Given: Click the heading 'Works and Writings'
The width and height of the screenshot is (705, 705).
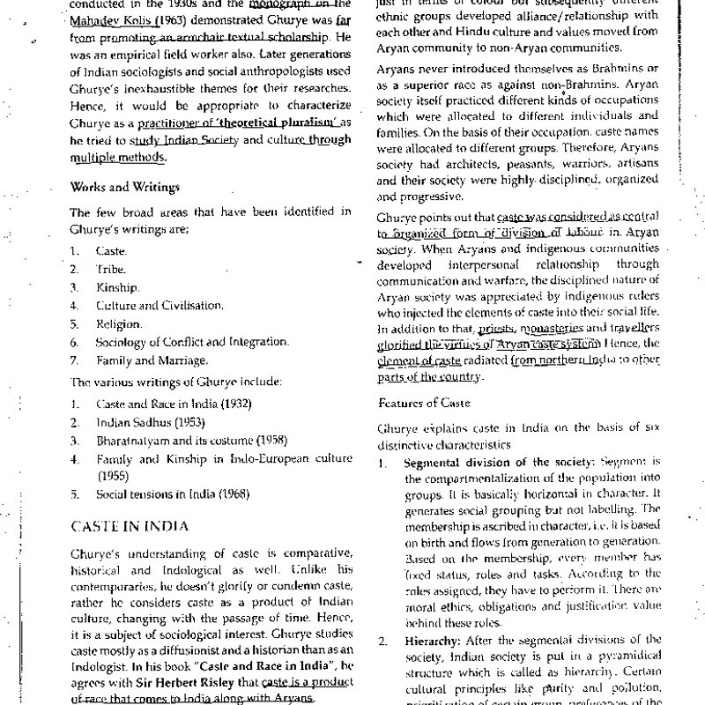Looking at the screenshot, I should click(x=125, y=187).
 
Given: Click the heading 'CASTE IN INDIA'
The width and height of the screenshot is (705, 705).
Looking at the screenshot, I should click(x=130, y=526).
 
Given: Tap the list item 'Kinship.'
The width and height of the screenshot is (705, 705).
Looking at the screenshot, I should click(x=117, y=287).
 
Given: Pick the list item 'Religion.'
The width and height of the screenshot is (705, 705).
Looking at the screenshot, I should click(x=118, y=324).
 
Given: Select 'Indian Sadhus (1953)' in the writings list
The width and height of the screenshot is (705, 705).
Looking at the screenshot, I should click(x=137, y=423).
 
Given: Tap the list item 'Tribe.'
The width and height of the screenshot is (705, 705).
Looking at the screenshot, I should click(x=110, y=270).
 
